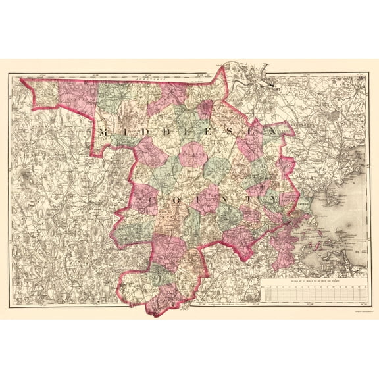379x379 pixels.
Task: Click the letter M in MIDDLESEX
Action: point(105,132)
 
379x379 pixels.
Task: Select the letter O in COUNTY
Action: point(180,199)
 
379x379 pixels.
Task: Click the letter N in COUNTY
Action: point(234,199)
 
